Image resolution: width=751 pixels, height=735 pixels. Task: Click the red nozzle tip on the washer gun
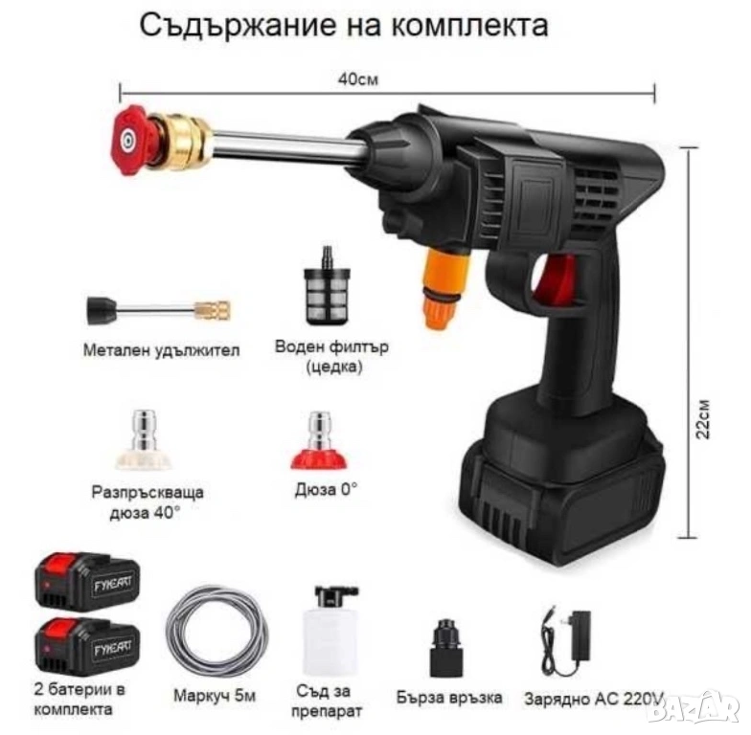(128, 140)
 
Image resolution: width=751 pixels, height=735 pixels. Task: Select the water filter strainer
(328, 285)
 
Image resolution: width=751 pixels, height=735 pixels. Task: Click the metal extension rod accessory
(159, 310)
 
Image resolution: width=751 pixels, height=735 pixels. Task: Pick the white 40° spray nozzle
(144, 439)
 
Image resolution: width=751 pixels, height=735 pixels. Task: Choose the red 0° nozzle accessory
(320, 440)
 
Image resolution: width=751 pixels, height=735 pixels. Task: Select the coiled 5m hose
(216, 633)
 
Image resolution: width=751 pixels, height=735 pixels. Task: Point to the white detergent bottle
(330, 631)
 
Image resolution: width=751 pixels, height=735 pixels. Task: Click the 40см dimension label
(358, 78)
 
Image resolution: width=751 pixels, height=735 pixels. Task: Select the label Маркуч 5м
(215, 695)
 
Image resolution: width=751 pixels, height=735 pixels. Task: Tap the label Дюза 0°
(326, 489)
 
